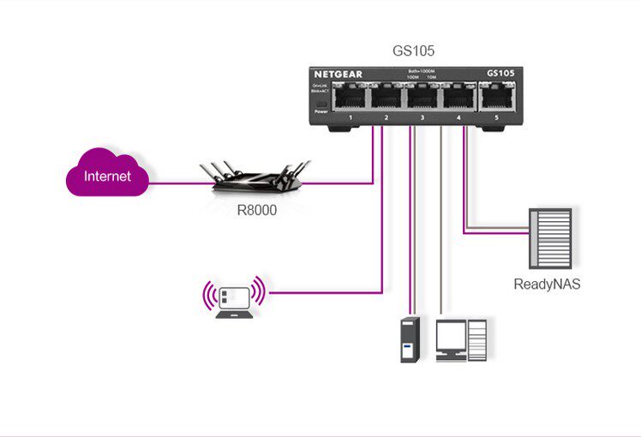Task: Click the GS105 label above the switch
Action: click(414, 51)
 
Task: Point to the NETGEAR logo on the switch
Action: click(338, 75)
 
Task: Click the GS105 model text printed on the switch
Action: click(500, 74)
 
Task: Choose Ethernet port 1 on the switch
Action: click(350, 99)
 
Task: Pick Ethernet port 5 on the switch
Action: click(496, 99)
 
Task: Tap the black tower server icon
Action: click(410, 339)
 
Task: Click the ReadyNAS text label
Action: click(547, 284)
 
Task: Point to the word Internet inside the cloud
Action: click(107, 177)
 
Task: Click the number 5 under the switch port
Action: click(496, 116)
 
